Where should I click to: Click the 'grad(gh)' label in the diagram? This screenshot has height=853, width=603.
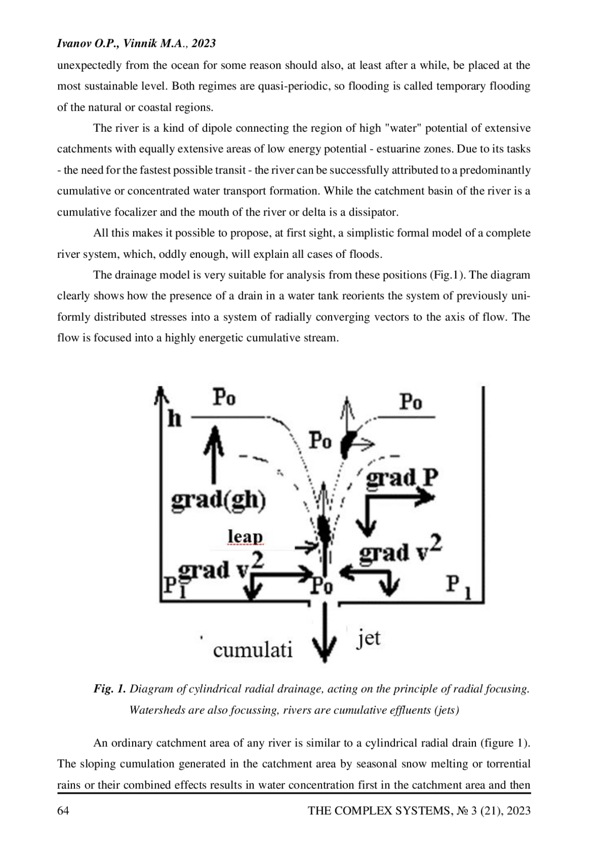[219, 502]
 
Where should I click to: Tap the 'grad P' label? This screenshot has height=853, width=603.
[401, 478]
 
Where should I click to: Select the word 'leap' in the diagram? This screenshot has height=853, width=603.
[245, 537]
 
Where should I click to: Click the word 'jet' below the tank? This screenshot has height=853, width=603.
[368, 639]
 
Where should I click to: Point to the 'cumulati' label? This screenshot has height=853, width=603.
[252, 650]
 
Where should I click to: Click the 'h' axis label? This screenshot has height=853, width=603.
[174, 418]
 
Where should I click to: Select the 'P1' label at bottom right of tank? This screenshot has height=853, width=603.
[458, 587]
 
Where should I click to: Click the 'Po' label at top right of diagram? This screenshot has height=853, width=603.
[411, 402]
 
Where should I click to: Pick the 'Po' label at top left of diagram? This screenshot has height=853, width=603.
[224, 398]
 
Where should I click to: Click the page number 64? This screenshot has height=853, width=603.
[63, 811]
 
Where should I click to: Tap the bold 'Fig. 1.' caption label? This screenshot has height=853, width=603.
[110, 689]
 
